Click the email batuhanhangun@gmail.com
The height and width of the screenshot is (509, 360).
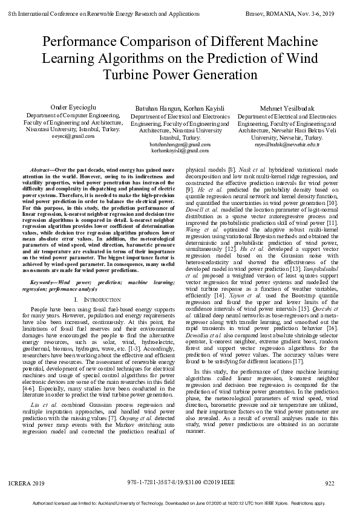tap(180, 145)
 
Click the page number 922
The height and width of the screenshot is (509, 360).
tap(330, 483)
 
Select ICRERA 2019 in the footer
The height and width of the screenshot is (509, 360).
tap(27, 483)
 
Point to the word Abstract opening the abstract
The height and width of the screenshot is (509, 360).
tap(39, 171)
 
